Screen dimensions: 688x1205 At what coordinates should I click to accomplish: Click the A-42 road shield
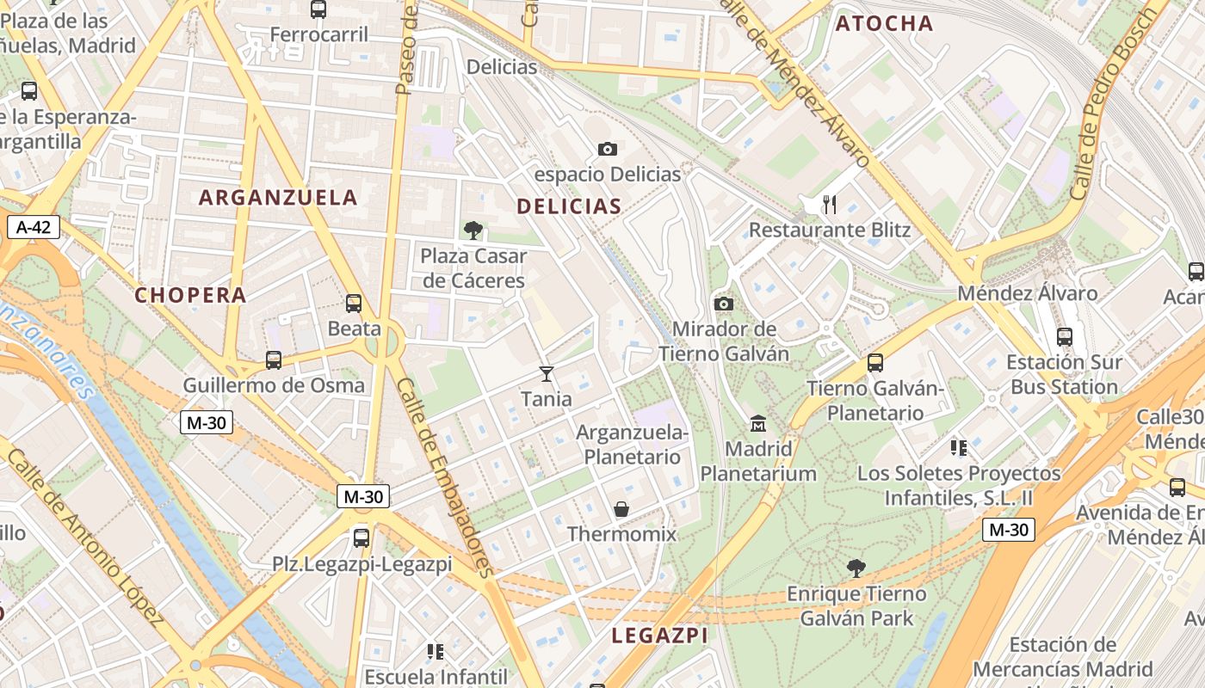[x=34, y=227]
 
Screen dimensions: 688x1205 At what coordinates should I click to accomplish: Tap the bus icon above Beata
[x=354, y=303]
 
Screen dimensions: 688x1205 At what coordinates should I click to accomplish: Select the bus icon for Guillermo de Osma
[x=274, y=360]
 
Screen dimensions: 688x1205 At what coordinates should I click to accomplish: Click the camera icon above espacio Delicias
[x=608, y=149]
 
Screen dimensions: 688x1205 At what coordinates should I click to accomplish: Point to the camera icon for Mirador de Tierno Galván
[x=724, y=304]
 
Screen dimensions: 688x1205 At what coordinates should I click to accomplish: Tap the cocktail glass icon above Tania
[x=546, y=373]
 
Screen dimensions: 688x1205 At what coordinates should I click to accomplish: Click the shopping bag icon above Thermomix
[x=621, y=509]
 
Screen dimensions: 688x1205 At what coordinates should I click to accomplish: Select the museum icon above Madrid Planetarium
[x=758, y=423]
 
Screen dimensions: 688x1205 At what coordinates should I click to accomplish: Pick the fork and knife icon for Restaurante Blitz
[x=830, y=204]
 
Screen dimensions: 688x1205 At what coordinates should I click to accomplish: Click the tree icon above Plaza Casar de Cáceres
[x=473, y=230]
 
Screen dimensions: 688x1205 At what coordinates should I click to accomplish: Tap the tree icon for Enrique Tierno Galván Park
[x=856, y=568]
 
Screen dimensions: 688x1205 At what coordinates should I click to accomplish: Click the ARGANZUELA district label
[x=278, y=198]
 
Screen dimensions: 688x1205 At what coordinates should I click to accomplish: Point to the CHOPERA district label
[x=190, y=295]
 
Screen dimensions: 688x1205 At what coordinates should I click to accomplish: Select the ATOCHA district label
[x=884, y=24]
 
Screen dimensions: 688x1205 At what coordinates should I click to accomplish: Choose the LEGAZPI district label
[x=659, y=636]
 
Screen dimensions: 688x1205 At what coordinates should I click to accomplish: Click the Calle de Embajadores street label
[x=447, y=477]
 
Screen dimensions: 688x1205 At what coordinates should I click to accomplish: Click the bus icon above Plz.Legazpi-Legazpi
[x=361, y=538]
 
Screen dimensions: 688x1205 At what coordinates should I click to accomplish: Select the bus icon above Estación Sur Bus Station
[x=1065, y=337]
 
